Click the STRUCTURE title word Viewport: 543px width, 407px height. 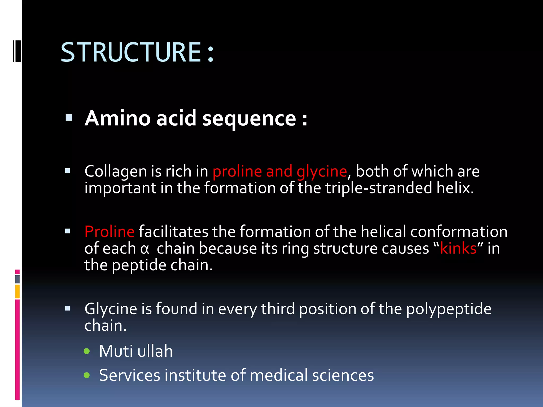pos(131,52)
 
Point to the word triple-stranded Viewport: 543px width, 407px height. pos(379,188)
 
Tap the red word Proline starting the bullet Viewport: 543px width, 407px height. pos(110,232)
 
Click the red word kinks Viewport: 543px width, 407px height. pos(458,249)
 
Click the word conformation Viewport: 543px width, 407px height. pos(459,232)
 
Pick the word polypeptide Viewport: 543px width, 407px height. pos(449,309)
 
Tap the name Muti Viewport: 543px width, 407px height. pos(116,351)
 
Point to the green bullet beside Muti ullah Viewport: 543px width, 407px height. pos(87,351)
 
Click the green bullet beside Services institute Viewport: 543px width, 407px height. pos(87,375)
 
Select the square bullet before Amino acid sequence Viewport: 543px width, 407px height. pos(69,118)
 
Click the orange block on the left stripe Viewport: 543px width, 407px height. pos(17,291)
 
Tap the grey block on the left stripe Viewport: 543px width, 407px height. pos(17,279)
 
